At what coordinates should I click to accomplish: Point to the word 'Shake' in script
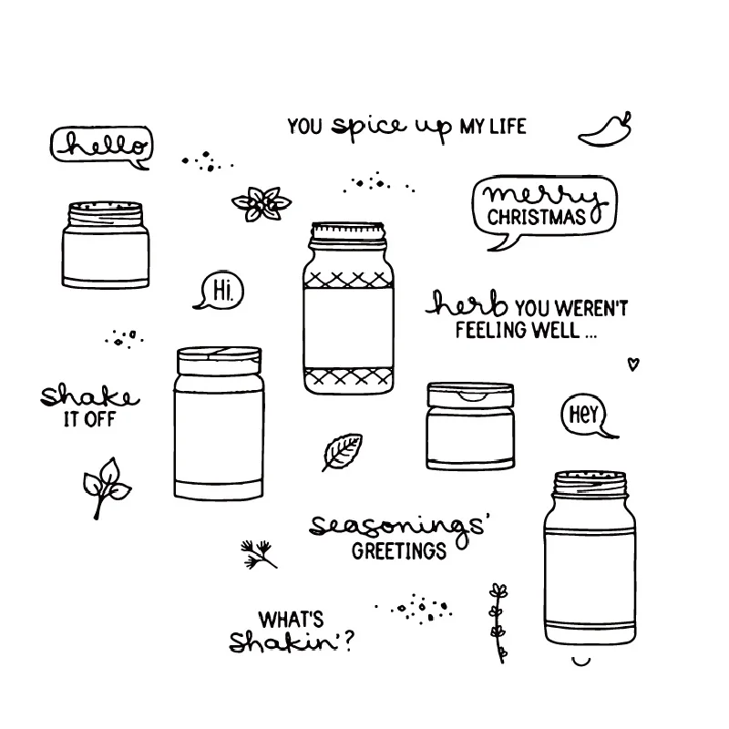[87, 395]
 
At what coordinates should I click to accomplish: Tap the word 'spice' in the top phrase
[367, 127]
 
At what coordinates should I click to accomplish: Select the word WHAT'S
[291, 618]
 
